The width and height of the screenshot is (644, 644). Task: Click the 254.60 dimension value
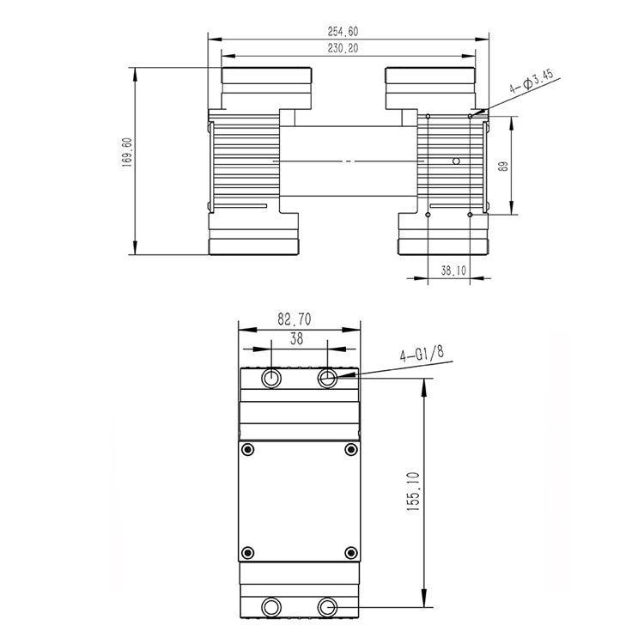tap(343, 32)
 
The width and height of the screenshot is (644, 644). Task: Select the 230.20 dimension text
tap(343, 48)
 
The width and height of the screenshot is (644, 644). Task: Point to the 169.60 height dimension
tap(126, 152)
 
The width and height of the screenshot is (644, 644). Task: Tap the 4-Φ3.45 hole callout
tap(532, 82)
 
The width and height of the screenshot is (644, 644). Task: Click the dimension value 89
tap(502, 167)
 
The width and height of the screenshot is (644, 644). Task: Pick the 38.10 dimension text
tap(453, 270)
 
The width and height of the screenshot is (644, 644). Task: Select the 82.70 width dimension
tap(294, 319)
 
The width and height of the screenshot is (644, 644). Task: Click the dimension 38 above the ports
tap(296, 339)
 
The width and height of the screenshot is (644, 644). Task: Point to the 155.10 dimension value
tap(413, 492)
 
